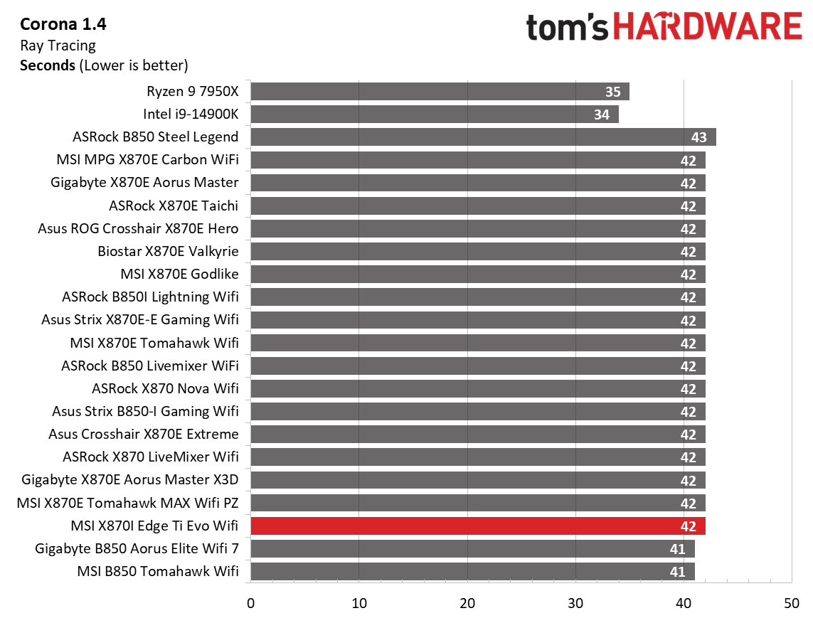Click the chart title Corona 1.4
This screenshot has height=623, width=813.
pos(63,25)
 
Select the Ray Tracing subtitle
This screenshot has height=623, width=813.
pos(58,46)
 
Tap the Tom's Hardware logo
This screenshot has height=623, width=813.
pos(664,27)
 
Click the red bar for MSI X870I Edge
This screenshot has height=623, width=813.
pos(477,526)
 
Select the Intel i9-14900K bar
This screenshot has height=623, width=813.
pos(434,115)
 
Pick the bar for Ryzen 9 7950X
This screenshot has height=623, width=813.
pos(440,92)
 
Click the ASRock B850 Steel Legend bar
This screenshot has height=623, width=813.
pos(483,137)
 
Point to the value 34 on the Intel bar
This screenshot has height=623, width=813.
pos(602,115)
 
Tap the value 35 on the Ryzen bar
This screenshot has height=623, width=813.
pos(612,92)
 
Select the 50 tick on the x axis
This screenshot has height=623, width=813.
pos(792,603)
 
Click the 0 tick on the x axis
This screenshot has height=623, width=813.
pos(250,603)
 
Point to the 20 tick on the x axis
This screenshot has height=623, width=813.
pos(467,603)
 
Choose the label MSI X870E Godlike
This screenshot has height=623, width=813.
pos(179,274)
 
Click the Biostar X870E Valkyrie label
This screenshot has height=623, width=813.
pos(168,251)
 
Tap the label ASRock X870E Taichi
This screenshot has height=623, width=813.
pos(174,206)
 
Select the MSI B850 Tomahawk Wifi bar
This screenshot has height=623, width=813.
pos(472,572)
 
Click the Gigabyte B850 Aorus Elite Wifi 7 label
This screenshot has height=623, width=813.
pos(137,549)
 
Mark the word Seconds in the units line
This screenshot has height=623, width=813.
pos(48,65)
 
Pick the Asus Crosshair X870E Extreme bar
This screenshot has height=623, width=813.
pos(477,435)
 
